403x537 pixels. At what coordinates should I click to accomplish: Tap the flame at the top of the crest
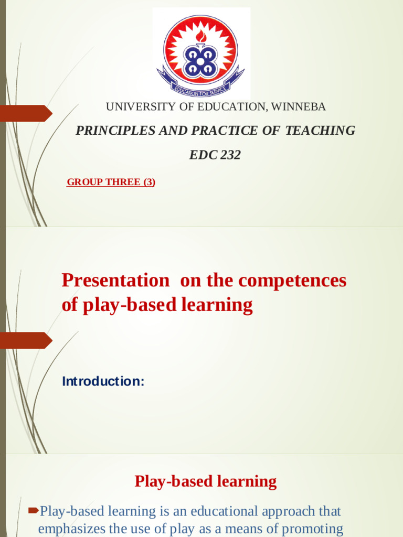point(201,36)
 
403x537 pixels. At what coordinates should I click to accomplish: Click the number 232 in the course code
point(229,155)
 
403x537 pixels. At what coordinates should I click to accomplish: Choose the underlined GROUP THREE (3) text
point(111,182)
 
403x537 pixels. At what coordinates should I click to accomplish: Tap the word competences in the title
point(292,281)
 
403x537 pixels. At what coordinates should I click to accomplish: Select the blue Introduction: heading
point(103,381)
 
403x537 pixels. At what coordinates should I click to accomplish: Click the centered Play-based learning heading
point(206,481)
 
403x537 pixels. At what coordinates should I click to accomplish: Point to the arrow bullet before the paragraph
point(33,510)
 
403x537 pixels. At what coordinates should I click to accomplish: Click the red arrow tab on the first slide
point(26,113)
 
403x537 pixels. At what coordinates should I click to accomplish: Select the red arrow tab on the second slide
point(26,340)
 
